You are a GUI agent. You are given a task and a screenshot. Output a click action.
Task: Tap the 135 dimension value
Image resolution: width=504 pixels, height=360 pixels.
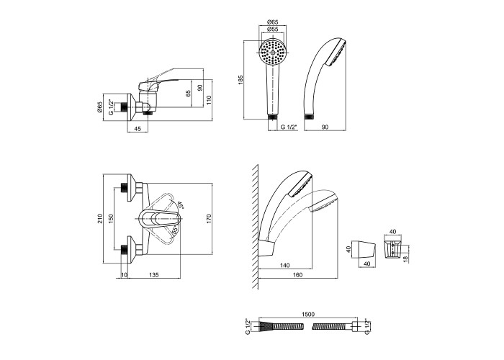[153, 274]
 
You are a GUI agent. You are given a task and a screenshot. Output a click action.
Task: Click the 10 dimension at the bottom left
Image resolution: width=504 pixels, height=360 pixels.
[125, 274]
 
